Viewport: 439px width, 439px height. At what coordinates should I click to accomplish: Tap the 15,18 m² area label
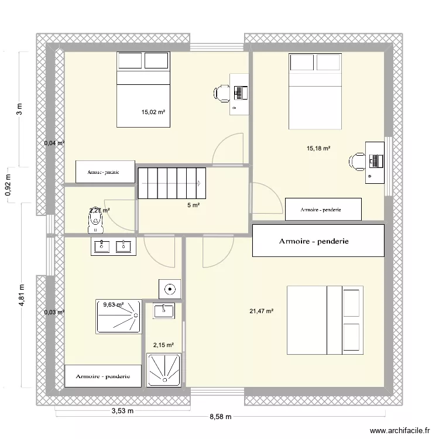click(x=319, y=149)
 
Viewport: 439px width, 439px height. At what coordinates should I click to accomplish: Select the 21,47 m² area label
click(x=261, y=311)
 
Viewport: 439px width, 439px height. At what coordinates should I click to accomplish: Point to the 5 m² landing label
click(x=194, y=205)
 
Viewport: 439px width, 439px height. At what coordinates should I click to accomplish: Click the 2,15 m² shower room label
click(x=163, y=345)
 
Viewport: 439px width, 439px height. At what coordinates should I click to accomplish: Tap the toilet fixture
click(x=95, y=218)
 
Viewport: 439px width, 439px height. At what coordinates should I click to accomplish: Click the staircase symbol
click(x=172, y=183)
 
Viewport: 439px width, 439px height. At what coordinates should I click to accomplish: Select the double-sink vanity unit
click(x=113, y=246)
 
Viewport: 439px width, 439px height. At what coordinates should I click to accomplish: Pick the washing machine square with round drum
click(x=170, y=289)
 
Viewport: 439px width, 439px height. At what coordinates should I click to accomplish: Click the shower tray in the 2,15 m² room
click(x=164, y=370)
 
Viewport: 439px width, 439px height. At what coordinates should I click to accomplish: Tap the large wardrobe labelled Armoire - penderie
click(x=318, y=241)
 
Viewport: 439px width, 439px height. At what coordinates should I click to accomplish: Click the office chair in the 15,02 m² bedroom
click(x=222, y=92)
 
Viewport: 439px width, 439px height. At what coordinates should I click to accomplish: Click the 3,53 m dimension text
click(x=123, y=410)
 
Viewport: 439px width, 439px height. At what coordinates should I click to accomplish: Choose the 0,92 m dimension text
click(x=8, y=185)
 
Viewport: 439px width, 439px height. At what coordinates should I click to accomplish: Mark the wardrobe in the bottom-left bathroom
click(x=103, y=376)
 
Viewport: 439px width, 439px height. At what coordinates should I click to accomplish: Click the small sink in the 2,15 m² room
click(x=164, y=311)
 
